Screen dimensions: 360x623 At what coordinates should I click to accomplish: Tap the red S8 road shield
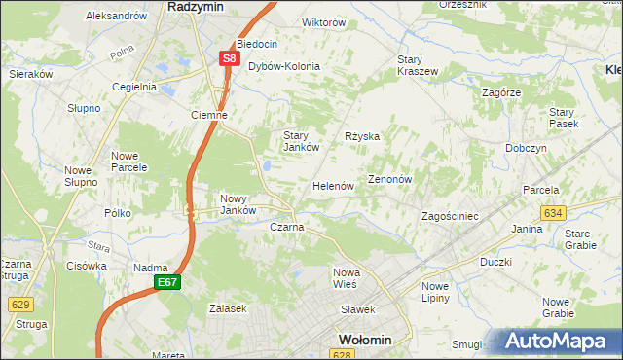click(x=229, y=58)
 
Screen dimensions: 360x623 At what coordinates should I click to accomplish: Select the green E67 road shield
click(x=166, y=282)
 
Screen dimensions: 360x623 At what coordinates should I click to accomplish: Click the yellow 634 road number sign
click(x=554, y=212)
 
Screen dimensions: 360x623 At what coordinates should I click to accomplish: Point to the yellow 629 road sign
click(x=19, y=305)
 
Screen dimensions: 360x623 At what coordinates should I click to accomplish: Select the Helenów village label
click(x=332, y=186)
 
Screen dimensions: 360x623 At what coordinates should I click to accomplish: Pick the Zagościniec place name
click(x=449, y=216)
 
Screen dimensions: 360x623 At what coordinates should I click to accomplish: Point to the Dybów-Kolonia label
click(x=284, y=67)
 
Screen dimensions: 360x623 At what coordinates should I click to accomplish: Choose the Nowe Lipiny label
click(x=435, y=292)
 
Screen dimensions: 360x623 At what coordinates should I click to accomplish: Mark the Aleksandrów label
click(x=116, y=17)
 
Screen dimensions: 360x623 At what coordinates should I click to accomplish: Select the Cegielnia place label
click(x=134, y=87)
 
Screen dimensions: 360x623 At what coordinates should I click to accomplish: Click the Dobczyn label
click(x=526, y=148)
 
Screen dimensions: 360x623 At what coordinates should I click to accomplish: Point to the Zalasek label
click(x=228, y=308)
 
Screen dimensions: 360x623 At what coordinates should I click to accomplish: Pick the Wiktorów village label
click(x=297, y=22)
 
